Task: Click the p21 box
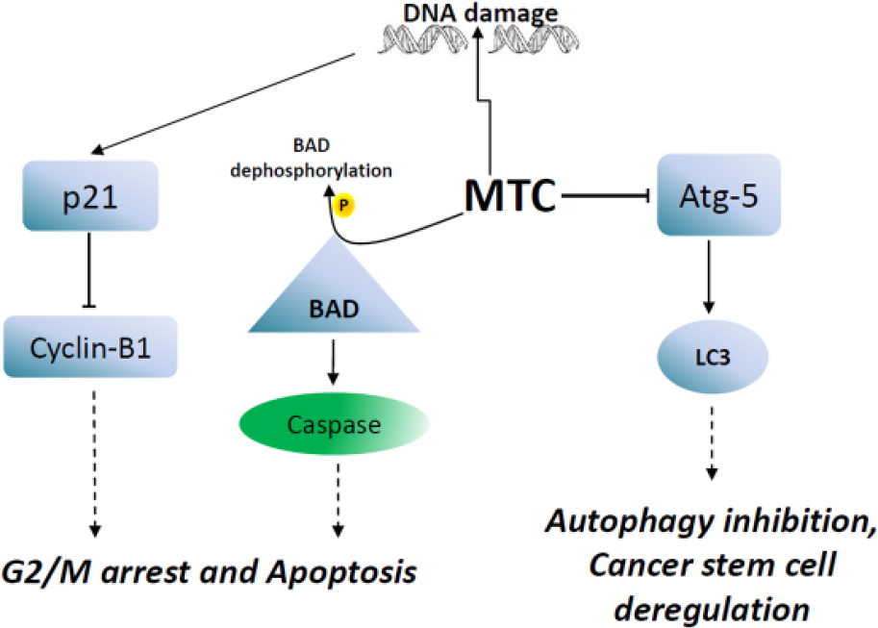pos(90,195)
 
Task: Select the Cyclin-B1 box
pos(90,347)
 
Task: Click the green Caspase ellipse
pos(335,424)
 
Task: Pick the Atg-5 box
pos(718,195)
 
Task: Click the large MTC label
pos(510,195)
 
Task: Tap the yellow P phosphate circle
pos(344,206)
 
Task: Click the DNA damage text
pos(481,13)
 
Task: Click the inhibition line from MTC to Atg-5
pos(605,195)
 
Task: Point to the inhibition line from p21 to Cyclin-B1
pos(89,270)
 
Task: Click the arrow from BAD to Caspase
pos(333,362)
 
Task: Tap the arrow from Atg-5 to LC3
pos(709,277)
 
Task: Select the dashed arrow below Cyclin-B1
pos(94,463)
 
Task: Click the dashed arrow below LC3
pos(712,442)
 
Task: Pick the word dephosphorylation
pos(312,170)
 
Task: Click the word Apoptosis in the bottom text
pos(341,573)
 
